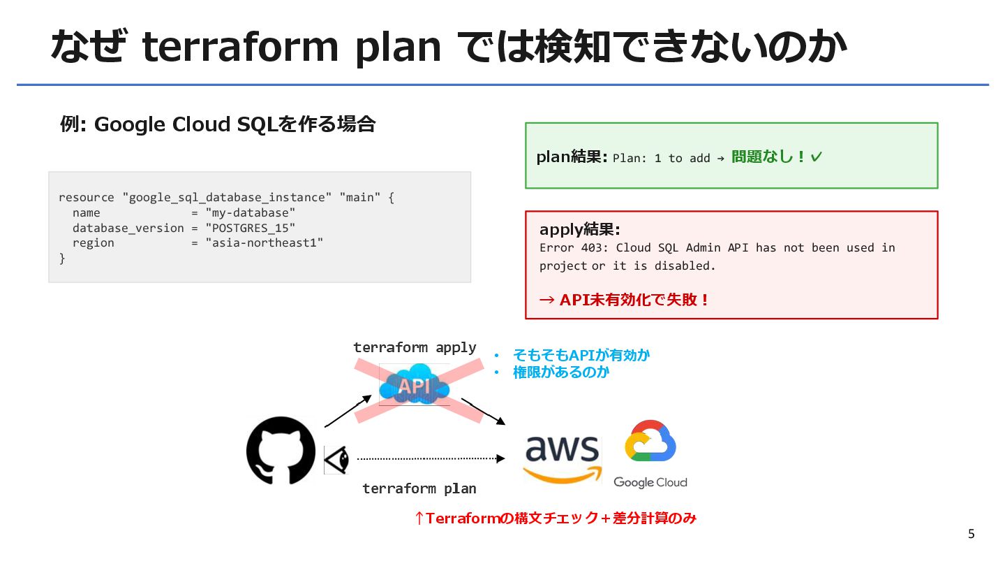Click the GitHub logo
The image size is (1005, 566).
tap(281, 451)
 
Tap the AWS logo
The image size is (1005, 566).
tap(562, 458)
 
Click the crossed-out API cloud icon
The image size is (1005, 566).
tap(415, 385)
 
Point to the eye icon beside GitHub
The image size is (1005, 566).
tap(336, 459)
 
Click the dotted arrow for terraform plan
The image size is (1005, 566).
tap(429, 458)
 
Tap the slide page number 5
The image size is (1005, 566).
tap(971, 535)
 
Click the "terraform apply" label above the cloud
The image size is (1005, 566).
tap(415, 347)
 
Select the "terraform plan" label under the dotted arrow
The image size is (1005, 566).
tap(419, 488)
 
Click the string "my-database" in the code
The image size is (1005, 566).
tap(251, 212)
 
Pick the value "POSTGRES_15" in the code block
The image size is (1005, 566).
tap(251, 228)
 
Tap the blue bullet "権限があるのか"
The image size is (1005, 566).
tap(561, 372)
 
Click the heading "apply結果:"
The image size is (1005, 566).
tap(580, 229)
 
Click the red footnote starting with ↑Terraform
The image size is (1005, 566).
tap(556, 518)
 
